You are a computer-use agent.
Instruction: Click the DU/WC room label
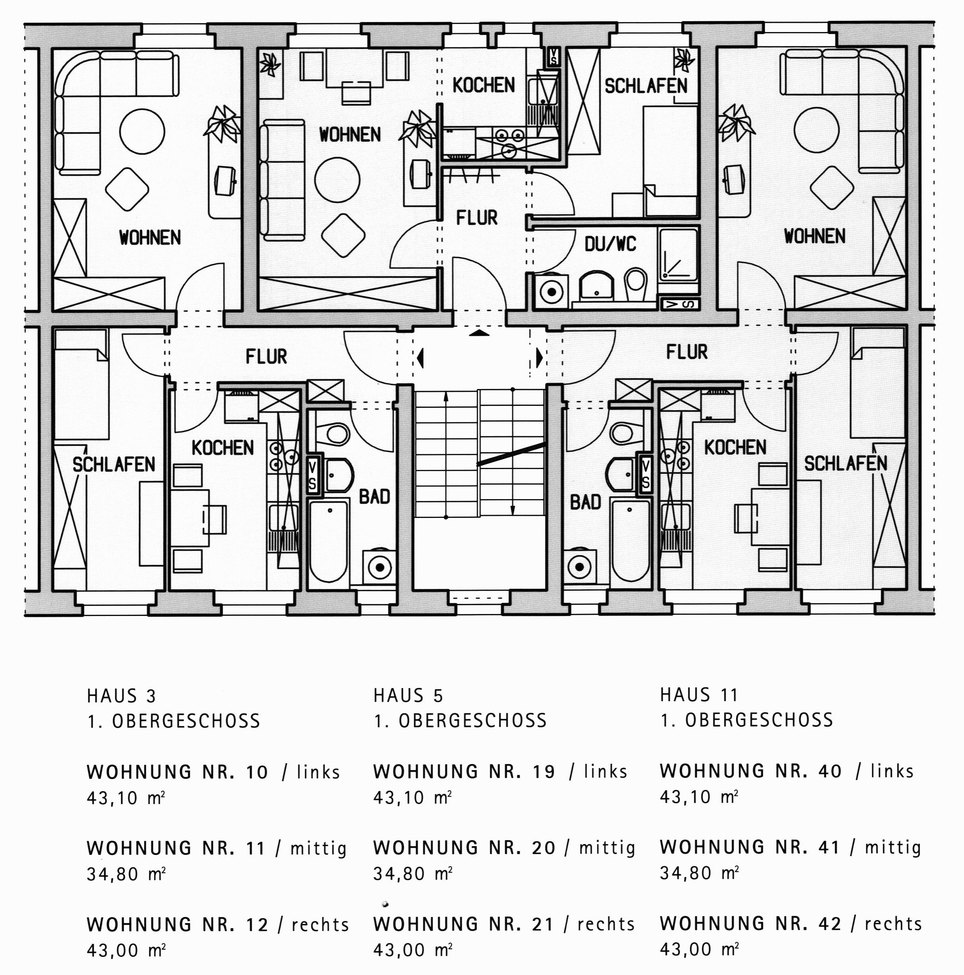pos(610,245)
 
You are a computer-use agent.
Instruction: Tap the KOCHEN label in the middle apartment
pos(483,85)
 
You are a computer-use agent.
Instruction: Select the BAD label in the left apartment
pos(374,497)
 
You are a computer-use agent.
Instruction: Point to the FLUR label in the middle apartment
pos(477,218)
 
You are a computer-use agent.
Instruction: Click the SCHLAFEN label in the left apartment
pos(114,464)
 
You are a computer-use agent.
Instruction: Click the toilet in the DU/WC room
pos(635,284)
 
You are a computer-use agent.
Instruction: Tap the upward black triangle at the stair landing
pos(479,333)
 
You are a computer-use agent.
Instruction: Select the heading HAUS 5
pos(408,696)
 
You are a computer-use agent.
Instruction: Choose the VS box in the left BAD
pos(312,475)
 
